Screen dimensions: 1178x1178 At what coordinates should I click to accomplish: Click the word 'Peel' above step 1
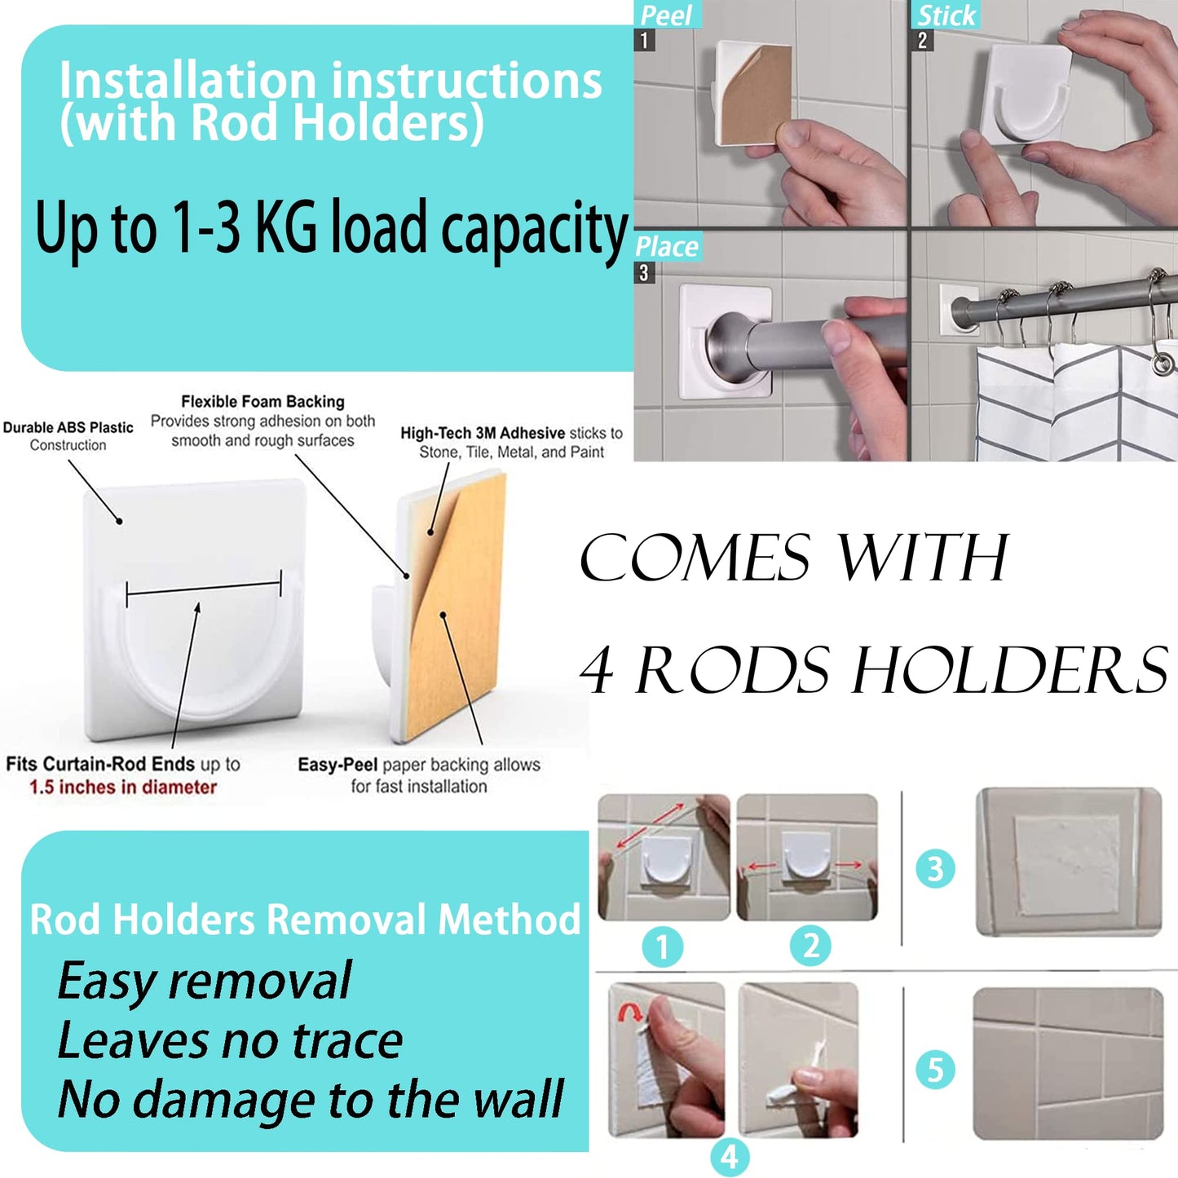665,15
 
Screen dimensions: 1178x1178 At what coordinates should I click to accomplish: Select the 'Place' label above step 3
666,247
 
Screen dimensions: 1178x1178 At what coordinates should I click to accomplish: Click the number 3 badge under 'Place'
644,272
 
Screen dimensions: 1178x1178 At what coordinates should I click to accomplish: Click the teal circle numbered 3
935,867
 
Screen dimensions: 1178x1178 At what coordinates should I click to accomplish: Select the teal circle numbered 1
662,947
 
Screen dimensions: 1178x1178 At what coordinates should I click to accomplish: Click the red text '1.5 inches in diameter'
123,787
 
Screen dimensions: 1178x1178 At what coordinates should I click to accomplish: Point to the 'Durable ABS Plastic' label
68,427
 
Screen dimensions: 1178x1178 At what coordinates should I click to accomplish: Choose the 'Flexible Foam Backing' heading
263,402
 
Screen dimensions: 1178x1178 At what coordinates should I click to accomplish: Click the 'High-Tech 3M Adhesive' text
483,433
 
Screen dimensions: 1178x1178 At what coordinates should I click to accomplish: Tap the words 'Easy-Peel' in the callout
338,765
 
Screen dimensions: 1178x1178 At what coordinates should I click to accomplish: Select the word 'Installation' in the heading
187,81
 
